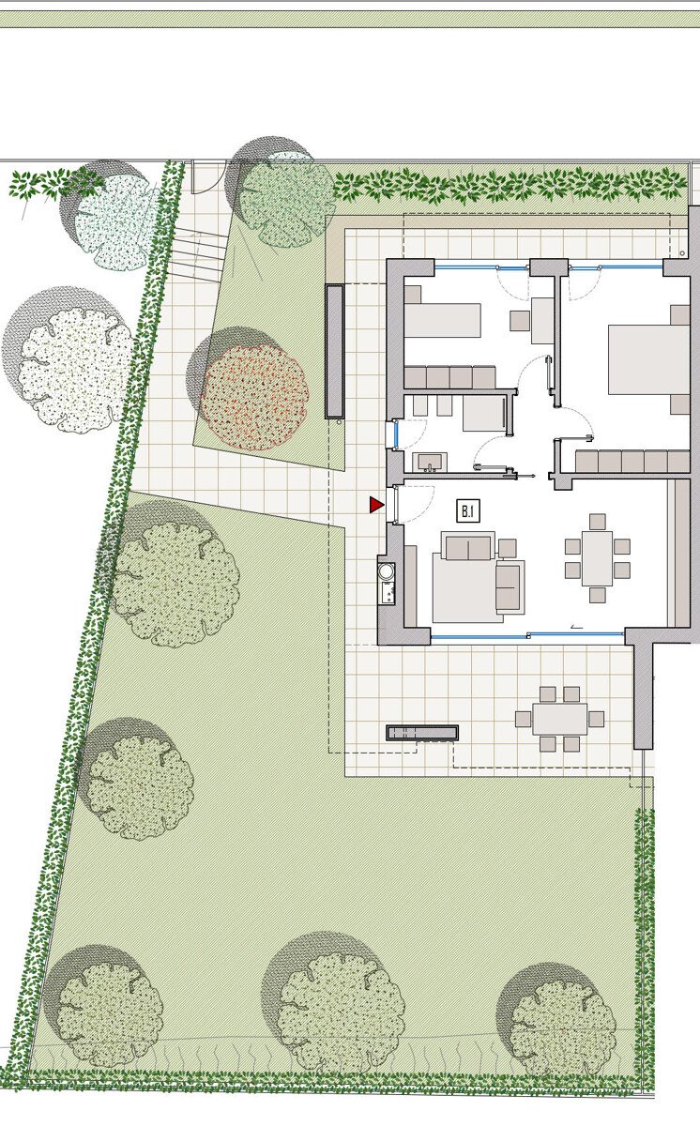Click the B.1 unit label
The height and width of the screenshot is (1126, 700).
467,511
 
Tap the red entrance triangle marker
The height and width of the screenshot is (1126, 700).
376,505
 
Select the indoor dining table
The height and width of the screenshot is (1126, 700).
597,558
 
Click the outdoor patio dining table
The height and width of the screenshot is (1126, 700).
560,720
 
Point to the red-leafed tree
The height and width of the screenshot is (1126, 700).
254,398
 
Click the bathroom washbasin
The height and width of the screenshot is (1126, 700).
430,462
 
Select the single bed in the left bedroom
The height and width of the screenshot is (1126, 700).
442,320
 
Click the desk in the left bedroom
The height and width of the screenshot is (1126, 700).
542,320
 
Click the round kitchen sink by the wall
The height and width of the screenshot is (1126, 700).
387,571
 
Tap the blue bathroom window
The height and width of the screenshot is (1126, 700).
397,434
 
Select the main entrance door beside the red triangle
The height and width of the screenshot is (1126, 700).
397,505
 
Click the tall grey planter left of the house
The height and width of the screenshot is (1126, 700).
334,351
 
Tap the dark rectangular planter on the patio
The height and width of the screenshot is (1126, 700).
422,733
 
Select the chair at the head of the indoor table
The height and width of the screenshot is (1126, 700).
598,522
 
